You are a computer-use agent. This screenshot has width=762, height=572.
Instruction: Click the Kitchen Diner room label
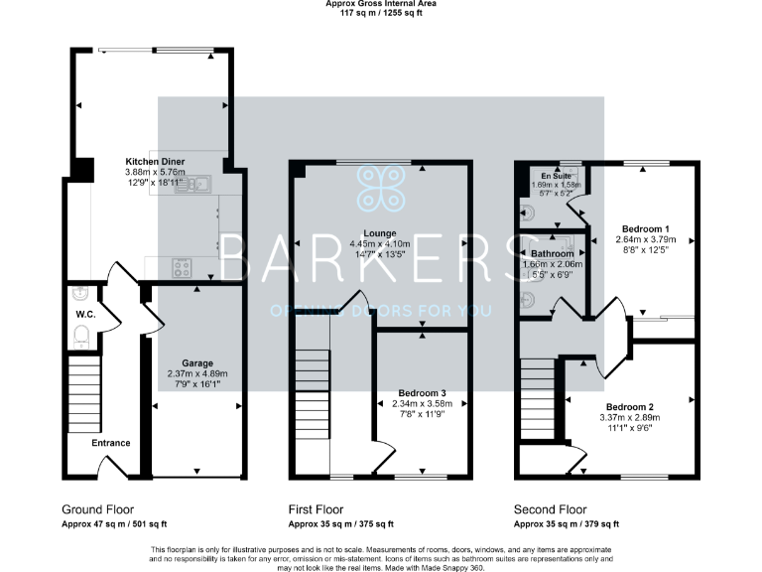[x=155, y=161]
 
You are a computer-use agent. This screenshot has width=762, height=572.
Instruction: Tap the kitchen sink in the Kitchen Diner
[x=193, y=182]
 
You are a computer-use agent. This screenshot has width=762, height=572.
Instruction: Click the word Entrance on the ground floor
[x=111, y=443]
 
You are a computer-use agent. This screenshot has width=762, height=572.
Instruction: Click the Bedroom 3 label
[x=422, y=392]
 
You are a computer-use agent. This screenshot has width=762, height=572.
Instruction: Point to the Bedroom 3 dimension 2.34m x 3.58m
[x=422, y=403]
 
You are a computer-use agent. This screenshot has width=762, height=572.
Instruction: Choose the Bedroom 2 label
[x=630, y=407]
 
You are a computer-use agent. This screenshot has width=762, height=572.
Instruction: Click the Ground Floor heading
[x=97, y=508]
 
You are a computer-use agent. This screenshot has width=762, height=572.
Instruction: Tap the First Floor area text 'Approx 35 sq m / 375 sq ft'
[x=340, y=523]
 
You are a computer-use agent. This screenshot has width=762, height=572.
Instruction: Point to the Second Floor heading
[x=550, y=508]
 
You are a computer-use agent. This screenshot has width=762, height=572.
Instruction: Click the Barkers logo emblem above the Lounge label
[x=381, y=187]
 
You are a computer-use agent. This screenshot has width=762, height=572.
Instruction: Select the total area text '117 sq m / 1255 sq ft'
[x=381, y=13]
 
